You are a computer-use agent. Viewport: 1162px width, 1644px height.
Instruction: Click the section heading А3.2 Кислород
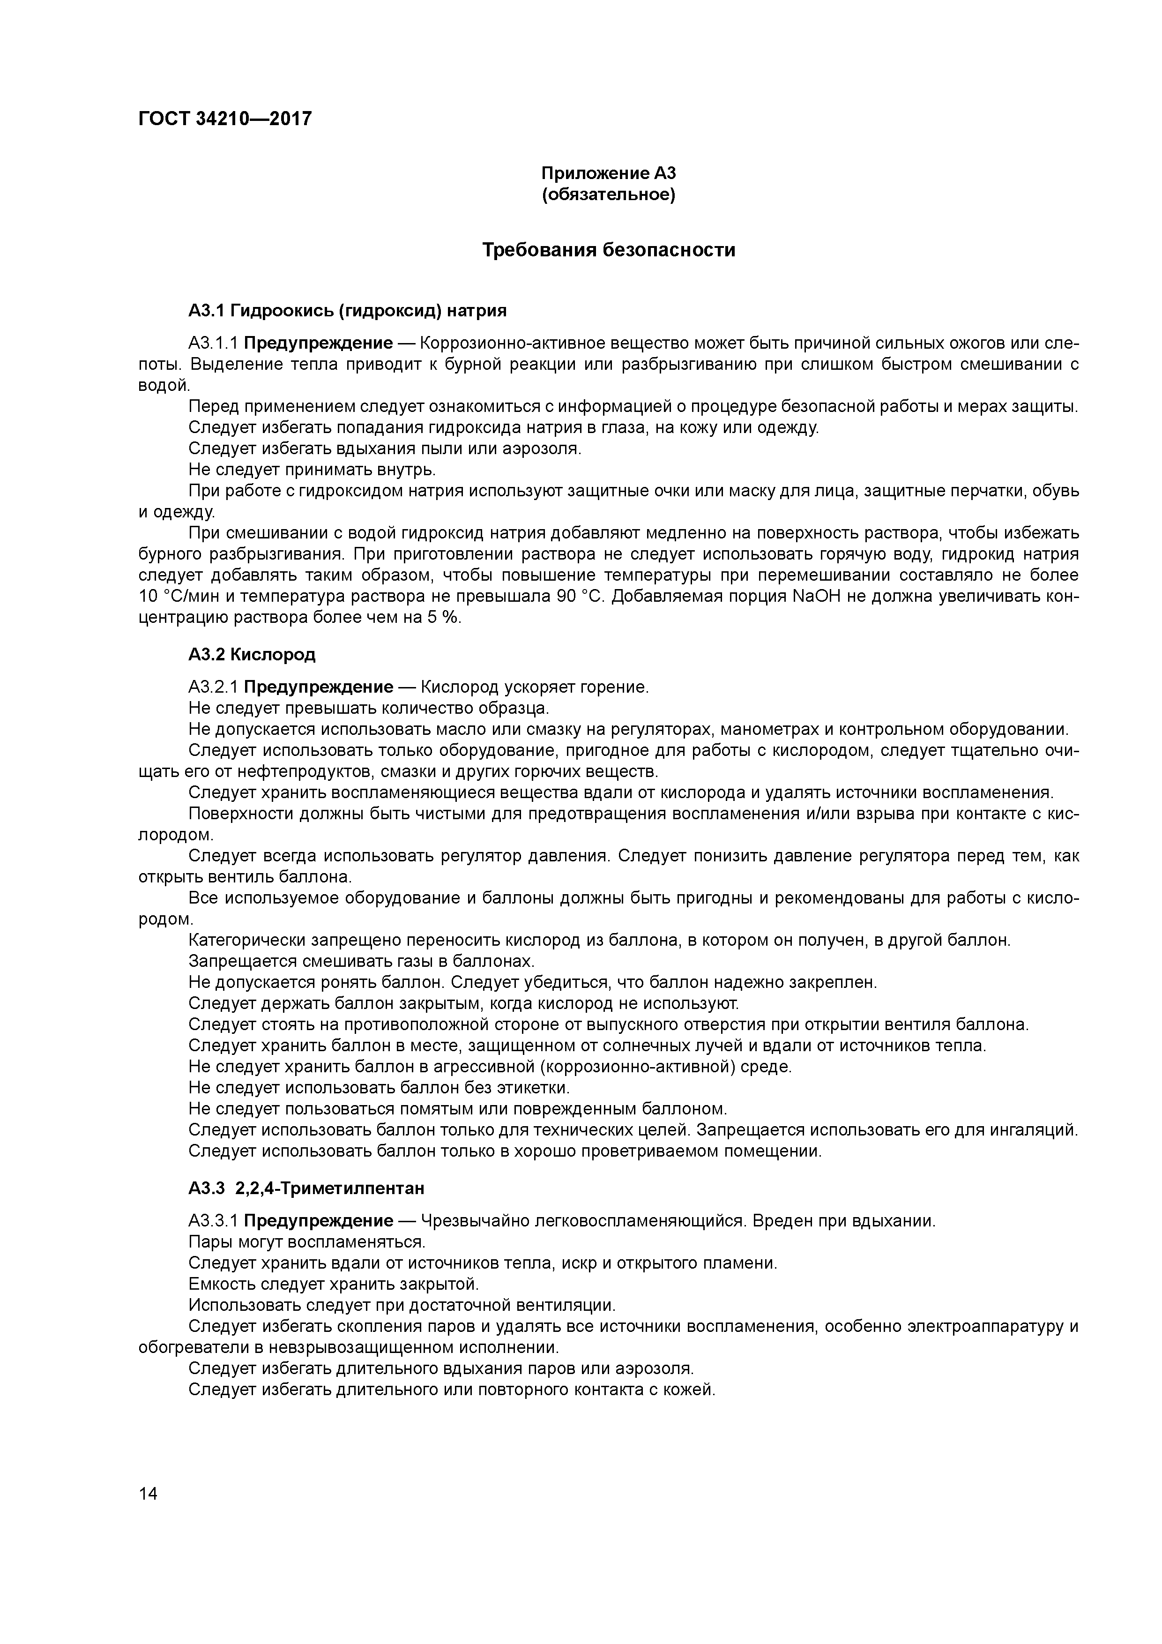coord(252,654)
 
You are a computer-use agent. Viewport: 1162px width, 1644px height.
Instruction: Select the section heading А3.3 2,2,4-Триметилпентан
coord(306,1188)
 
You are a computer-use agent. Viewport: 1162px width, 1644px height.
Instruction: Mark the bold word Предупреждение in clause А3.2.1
coord(319,687)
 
